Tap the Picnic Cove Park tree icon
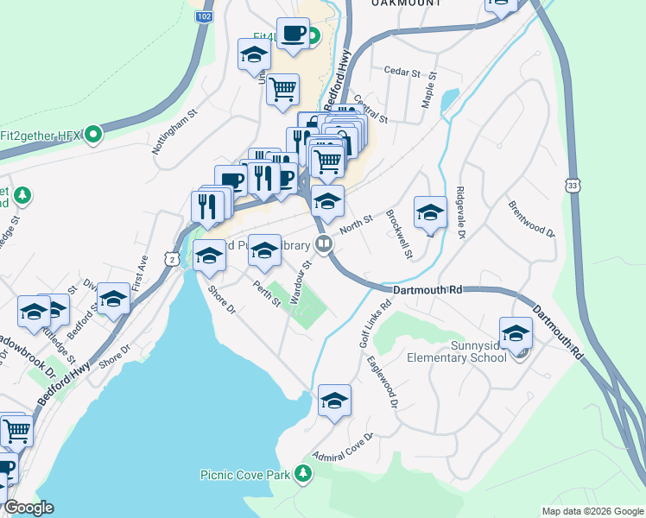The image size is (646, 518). click(x=302, y=473)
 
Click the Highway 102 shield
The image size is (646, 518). click(x=204, y=16)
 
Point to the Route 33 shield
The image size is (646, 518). click(x=573, y=185)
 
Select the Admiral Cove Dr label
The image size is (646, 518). click(x=342, y=447)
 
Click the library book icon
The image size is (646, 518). click(x=324, y=244)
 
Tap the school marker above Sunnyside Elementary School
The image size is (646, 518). click(x=516, y=332)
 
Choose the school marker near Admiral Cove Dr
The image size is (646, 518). click(x=334, y=400)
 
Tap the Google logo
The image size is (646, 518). click(x=28, y=508)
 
